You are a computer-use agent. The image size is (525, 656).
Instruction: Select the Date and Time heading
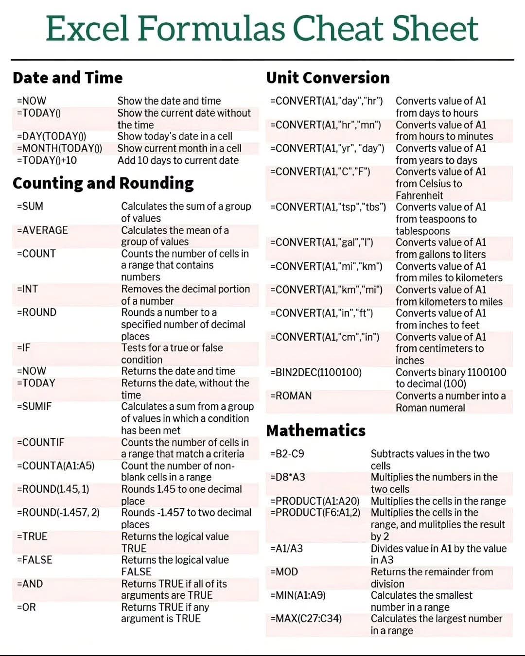[x=68, y=78]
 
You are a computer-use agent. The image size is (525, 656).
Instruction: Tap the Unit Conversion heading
[x=328, y=78]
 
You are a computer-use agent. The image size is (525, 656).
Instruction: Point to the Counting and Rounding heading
[x=103, y=183]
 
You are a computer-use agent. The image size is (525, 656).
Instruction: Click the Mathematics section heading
[x=315, y=431]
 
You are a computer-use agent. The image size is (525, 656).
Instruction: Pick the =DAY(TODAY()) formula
[x=52, y=137]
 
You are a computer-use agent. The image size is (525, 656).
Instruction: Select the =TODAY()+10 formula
[x=47, y=160]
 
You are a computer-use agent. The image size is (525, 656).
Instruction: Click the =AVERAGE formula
[x=42, y=230]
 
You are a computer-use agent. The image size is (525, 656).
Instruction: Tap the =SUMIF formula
[x=34, y=407]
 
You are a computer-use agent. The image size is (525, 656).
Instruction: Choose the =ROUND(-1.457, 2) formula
[x=58, y=513]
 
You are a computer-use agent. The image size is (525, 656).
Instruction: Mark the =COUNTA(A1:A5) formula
[x=55, y=466]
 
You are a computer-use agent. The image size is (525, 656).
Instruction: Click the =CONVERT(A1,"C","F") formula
[x=320, y=172]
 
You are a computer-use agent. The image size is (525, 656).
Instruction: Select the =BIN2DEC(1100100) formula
[x=315, y=373]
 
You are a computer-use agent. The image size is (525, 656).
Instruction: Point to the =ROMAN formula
[x=291, y=396]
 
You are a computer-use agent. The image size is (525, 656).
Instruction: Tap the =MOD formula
[x=284, y=572]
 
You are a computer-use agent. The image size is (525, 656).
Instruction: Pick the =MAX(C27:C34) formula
[x=306, y=619]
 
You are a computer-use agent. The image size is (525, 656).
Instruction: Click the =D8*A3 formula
[x=287, y=478]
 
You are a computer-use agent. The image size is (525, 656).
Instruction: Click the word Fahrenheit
[x=419, y=196]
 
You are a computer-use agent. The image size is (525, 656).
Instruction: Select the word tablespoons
[x=422, y=231]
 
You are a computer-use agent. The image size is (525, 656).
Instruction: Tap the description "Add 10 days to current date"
[x=178, y=160]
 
